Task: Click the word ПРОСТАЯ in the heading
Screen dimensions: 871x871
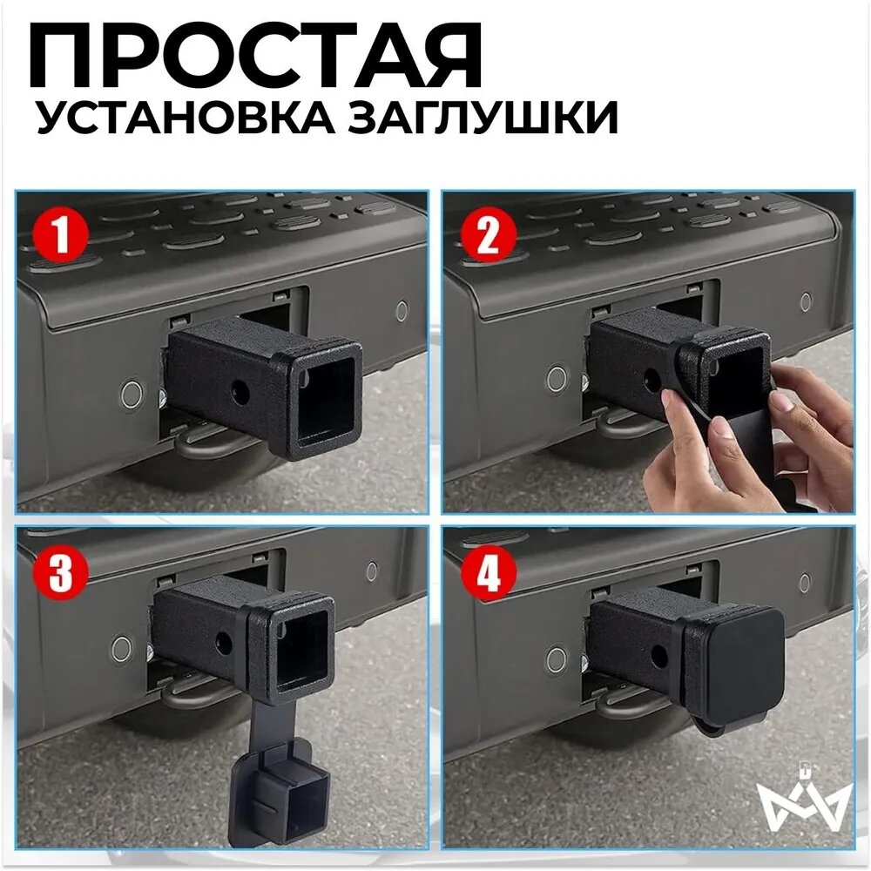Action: (254, 56)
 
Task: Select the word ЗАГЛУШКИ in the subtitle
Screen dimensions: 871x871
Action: (483, 118)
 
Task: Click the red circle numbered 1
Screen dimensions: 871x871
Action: (61, 234)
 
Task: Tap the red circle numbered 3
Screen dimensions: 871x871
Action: (61, 572)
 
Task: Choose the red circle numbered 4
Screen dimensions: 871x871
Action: (489, 573)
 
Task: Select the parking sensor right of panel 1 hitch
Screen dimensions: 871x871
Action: (402, 311)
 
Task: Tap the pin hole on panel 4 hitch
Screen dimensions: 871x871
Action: (658, 657)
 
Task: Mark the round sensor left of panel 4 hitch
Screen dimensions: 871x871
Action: (557, 659)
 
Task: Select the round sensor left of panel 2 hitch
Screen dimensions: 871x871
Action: (557, 378)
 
